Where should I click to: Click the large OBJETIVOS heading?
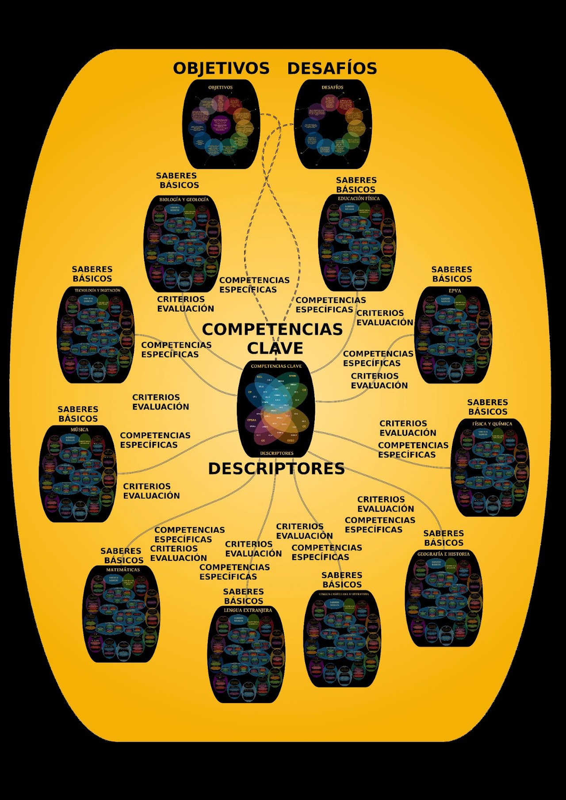[x=221, y=69]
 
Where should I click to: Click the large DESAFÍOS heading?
[x=332, y=69]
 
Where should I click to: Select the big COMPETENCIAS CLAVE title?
[x=272, y=338]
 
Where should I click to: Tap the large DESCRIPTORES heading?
[x=276, y=469]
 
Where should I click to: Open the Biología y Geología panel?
[x=183, y=243]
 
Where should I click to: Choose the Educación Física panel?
[x=357, y=241]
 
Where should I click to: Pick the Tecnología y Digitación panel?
[x=96, y=335]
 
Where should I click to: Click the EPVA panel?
[x=453, y=335]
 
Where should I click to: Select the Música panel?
[x=78, y=474]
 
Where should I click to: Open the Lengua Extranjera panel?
[x=246, y=654]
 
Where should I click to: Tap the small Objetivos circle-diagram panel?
[x=220, y=124]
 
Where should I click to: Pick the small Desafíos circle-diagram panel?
[x=332, y=124]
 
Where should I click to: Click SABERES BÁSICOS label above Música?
[x=78, y=414]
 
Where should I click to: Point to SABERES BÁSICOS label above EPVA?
[x=452, y=274]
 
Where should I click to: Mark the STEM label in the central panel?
[x=292, y=376]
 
